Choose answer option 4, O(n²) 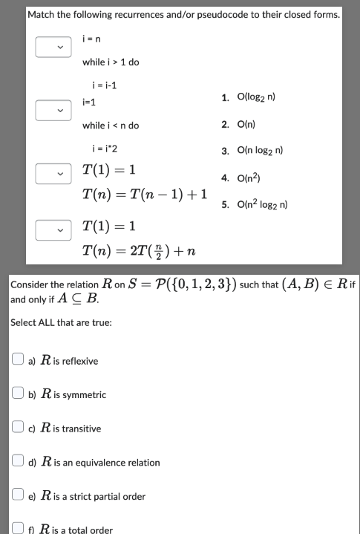(x=257, y=178)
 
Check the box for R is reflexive (x=17, y=361)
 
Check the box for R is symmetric (x=17, y=395)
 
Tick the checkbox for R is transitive (x=17, y=429)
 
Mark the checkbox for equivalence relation (x=17, y=462)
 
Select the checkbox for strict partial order (x=17, y=496)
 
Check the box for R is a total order (x=17, y=530)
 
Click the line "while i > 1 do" (x=110, y=62)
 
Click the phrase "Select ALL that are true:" (x=61, y=323)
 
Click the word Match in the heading (x=42, y=15)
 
